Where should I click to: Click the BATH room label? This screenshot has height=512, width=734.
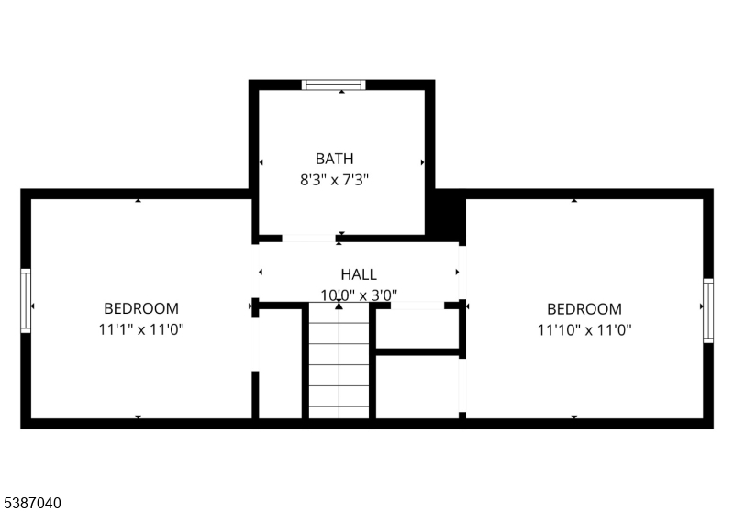(x=334, y=159)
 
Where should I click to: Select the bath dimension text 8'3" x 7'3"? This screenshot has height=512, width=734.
(x=334, y=180)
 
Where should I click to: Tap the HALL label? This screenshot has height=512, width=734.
(x=359, y=274)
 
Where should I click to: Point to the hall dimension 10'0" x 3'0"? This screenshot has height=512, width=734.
(x=359, y=295)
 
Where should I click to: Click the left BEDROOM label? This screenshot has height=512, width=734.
(x=141, y=309)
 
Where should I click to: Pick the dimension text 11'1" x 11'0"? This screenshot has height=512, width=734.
(x=141, y=329)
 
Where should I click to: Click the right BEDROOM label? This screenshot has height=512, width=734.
(x=584, y=309)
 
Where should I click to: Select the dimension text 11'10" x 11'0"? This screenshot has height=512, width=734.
(x=584, y=330)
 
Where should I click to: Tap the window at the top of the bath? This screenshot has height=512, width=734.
(x=333, y=84)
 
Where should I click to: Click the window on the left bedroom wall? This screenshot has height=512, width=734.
(x=26, y=301)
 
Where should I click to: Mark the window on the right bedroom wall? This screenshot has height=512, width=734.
(x=708, y=311)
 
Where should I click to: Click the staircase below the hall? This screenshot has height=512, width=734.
(x=339, y=361)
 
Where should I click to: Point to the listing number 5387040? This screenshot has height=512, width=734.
(x=32, y=503)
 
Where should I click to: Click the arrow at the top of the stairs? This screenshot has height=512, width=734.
(x=339, y=306)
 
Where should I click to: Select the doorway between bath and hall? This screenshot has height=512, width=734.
(x=309, y=239)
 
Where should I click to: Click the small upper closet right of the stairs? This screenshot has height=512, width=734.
(x=417, y=329)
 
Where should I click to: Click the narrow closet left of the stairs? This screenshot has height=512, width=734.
(x=280, y=363)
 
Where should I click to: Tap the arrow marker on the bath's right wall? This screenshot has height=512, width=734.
(x=422, y=162)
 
